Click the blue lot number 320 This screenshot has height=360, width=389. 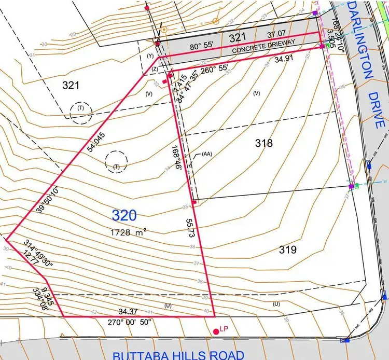point(124,215)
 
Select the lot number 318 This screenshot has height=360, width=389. point(263,143)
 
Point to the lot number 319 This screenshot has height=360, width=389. point(287,250)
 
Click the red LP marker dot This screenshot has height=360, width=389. point(216,331)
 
